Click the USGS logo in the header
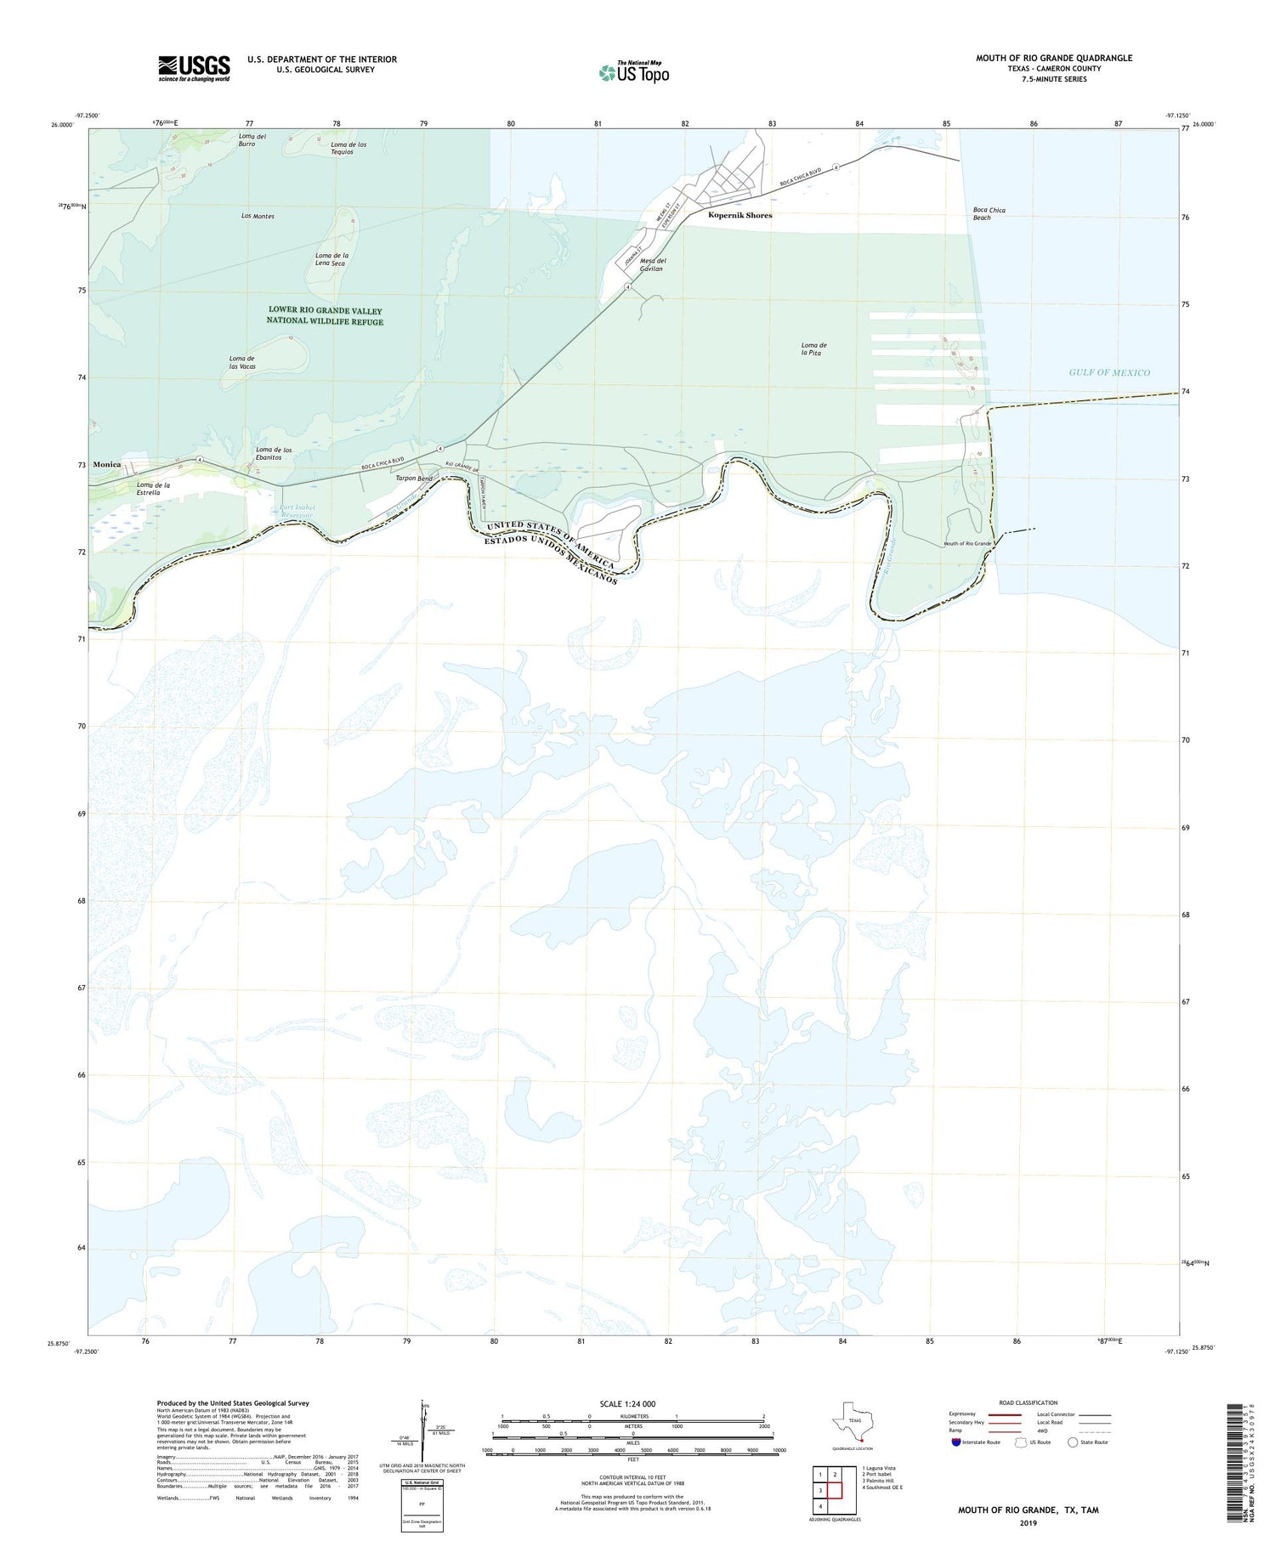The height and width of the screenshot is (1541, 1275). coord(194,68)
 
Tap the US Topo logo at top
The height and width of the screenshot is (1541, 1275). coord(633,73)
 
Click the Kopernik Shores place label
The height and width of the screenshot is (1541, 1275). coord(739,216)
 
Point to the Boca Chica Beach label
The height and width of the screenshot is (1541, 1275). coord(989,213)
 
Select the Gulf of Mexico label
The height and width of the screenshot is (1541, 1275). coord(1108,372)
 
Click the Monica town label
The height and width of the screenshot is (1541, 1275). coord(107,465)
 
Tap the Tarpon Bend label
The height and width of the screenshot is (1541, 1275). coord(414,479)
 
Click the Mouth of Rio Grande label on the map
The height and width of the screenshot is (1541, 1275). coord(967,543)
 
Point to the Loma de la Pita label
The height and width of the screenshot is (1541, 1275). coord(813,348)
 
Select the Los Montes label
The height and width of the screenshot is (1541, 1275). coord(258,217)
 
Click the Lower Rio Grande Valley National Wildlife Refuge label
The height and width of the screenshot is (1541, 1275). coord(325,316)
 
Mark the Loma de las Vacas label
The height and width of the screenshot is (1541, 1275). coord(242,362)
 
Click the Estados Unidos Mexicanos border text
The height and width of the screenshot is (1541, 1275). coord(552,561)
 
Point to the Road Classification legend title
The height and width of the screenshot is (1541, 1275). coord(1028,1402)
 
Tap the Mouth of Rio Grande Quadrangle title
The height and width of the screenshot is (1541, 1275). coord(1053,58)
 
